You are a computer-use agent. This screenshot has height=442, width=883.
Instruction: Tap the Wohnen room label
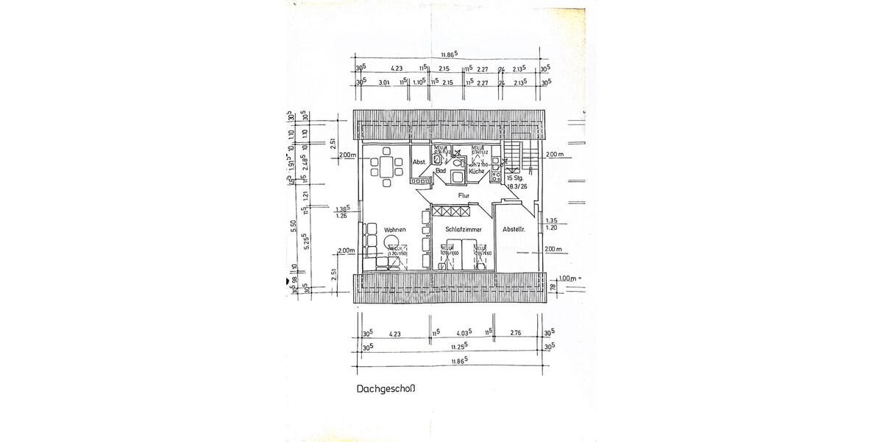[394, 231]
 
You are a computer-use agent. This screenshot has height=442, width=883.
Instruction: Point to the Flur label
[464, 195]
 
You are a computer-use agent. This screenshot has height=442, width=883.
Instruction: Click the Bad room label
[441, 171]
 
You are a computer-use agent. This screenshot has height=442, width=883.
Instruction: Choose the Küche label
[476, 171]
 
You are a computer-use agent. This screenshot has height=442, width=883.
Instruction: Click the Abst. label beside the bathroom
[419, 162]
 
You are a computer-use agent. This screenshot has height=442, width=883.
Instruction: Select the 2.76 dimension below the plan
[516, 334]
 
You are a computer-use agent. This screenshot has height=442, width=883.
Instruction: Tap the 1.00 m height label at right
[566, 278]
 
